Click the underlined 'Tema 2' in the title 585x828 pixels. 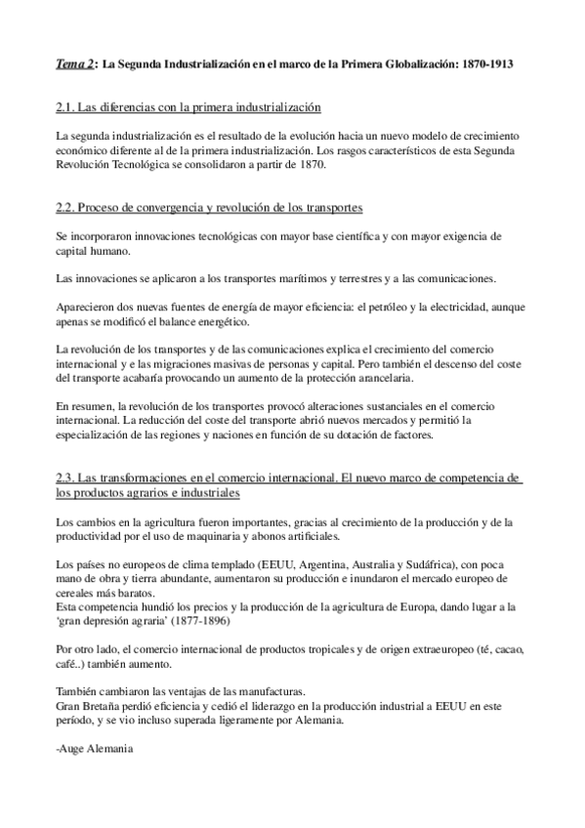tap(75, 63)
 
